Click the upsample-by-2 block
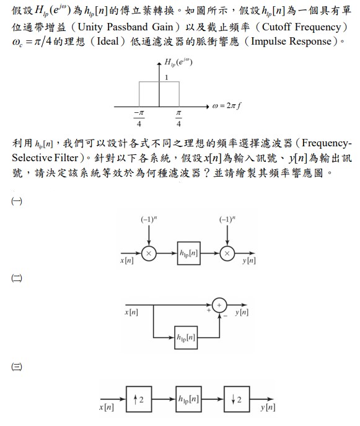coord(139,399)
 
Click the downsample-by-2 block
coord(237,399)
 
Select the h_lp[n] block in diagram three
coord(188,399)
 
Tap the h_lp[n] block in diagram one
coord(189,253)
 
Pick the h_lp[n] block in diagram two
coord(186,337)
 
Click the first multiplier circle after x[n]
coord(149,254)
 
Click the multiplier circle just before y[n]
coord(227,254)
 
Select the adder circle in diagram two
coord(219,305)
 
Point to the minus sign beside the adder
coord(226,316)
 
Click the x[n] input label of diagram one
coord(127,260)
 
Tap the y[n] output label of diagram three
coord(268,407)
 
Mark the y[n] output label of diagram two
coord(242,312)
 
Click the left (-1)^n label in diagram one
coord(149,219)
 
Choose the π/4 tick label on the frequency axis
coord(178,118)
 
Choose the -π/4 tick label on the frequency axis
coord(139,118)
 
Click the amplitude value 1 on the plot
coord(167,78)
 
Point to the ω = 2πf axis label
coord(227,105)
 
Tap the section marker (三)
coord(17,366)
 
